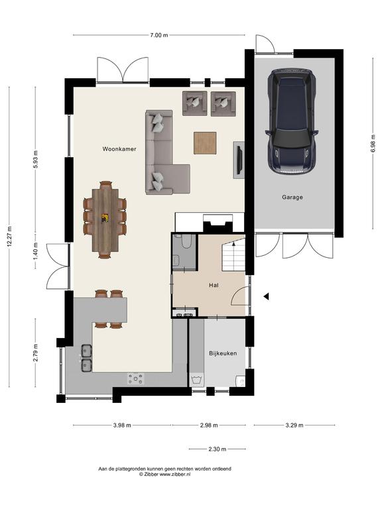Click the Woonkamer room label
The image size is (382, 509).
(119, 149)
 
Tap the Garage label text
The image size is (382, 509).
(292, 197)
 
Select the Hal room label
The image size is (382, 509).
(214, 286)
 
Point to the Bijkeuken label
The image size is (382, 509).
(223, 353)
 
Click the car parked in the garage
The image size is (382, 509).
(292, 122)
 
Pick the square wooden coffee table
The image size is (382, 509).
(205, 143)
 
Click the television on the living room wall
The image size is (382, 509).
(239, 160)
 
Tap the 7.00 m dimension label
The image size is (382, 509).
(159, 35)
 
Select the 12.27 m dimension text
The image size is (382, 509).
(9, 237)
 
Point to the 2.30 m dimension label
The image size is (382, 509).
(217, 449)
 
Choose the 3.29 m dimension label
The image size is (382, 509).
(294, 425)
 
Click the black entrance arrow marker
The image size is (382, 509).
(266, 296)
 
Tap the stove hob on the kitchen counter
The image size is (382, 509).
(136, 378)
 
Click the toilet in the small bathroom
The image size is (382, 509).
(186, 241)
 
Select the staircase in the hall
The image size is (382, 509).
(233, 254)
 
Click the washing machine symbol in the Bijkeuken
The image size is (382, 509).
(197, 379)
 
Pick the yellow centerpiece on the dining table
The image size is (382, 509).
(105, 218)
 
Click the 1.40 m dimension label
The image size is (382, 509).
(36, 251)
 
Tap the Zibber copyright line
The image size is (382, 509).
(164, 475)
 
